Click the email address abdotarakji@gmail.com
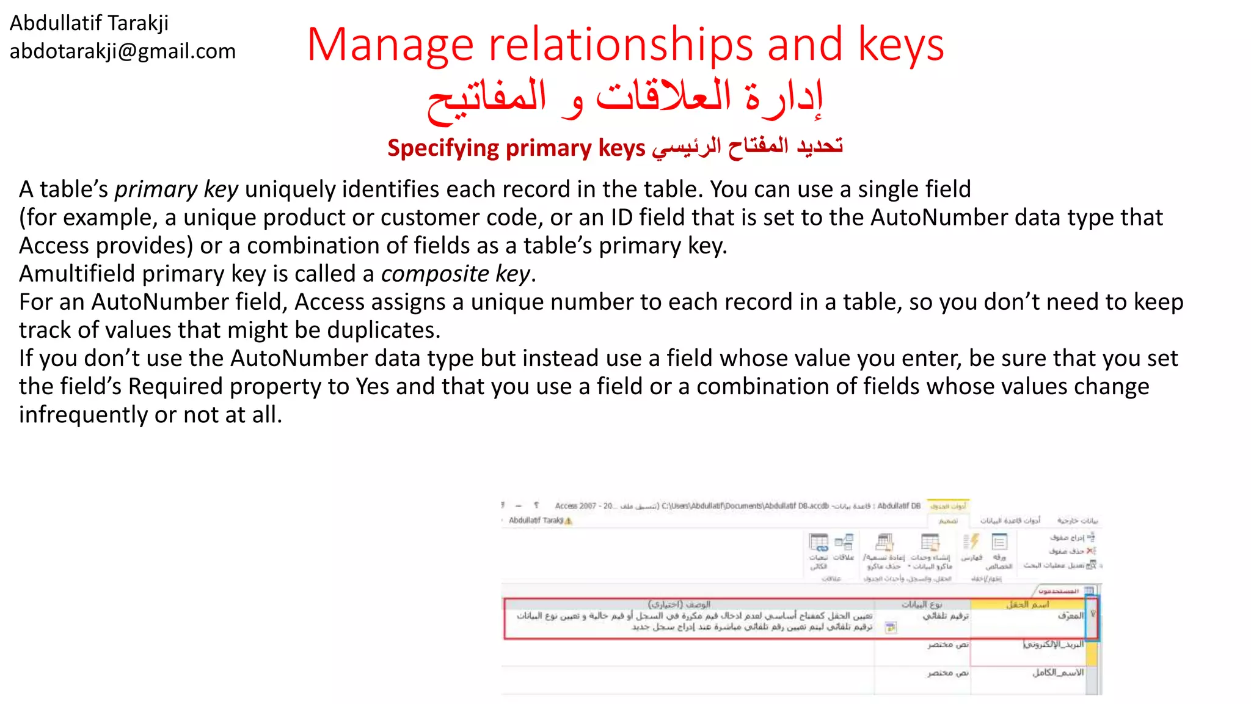[122, 51]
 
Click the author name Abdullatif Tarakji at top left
[89, 23]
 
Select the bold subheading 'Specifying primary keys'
[516, 148]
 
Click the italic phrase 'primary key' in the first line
[176, 189]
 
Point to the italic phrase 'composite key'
[456, 274]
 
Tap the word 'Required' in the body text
[175, 386]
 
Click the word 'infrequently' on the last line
[83, 415]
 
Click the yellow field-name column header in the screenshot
[1027, 604]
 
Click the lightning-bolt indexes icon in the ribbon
[971, 542]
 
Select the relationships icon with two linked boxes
[844, 542]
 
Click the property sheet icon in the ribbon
[999, 542]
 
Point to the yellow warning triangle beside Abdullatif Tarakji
[569, 521]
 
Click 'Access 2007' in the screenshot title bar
[575, 506]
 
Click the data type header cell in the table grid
[922, 604]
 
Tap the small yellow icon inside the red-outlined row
[891, 627]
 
